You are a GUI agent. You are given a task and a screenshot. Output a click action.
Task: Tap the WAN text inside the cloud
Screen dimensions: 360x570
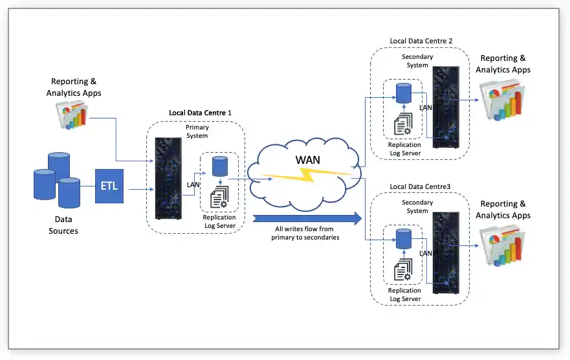pyautogui.click(x=307, y=159)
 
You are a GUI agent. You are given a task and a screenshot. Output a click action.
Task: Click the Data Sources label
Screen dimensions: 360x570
pyautogui.click(x=63, y=225)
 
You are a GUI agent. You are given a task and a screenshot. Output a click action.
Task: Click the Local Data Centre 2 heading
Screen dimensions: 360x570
pyautogui.click(x=421, y=41)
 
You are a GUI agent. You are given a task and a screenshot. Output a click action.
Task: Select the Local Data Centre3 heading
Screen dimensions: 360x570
pyautogui.click(x=421, y=187)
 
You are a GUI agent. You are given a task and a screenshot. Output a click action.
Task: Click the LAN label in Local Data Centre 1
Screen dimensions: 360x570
pyautogui.click(x=193, y=185)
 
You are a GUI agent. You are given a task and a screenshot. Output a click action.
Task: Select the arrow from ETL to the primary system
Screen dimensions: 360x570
pyautogui.click(x=138, y=190)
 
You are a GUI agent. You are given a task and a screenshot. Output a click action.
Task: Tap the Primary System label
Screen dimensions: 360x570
pyautogui.click(x=197, y=131)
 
